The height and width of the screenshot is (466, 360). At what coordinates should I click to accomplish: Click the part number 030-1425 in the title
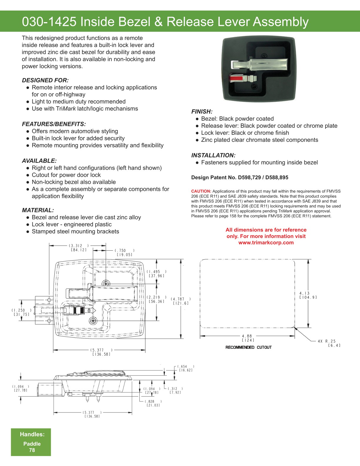click(49, 22)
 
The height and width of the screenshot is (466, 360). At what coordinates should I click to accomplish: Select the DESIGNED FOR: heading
click(45, 80)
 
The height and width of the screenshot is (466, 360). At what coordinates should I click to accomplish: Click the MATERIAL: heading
click(38, 210)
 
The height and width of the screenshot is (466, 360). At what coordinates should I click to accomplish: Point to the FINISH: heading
click(202, 111)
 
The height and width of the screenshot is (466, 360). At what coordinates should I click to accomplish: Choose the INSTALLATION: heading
click(213, 155)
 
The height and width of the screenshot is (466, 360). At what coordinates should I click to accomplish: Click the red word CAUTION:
click(201, 191)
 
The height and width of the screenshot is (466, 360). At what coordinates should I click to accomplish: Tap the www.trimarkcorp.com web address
click(266, 243)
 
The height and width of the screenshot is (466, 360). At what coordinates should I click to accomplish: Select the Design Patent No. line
click(240, 177)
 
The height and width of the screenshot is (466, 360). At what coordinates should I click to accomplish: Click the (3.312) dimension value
click(79, 246)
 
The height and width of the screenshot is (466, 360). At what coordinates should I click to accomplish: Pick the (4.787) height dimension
click(181, 299)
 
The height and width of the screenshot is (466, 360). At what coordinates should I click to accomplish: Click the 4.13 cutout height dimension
click(305, 293)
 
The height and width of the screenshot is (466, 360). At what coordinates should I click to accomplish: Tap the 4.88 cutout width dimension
click(247, 336)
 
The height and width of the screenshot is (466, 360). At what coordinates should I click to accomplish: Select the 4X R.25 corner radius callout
click(326, 341)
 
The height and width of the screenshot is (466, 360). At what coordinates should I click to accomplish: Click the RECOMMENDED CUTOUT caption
click(249, 347)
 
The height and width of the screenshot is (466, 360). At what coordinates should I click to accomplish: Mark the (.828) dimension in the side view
click(153, 401)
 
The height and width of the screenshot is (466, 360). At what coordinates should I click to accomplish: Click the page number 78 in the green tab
click(32, 450)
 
